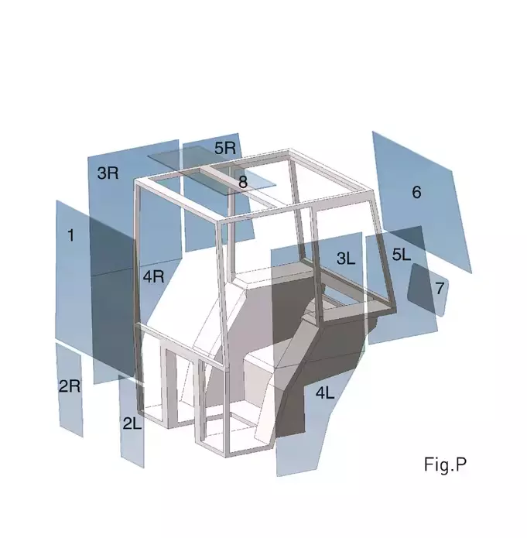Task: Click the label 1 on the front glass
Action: click(70, 235)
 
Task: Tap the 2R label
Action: click(70, 386)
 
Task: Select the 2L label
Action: click(132, 423)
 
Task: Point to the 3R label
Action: click(108, 173)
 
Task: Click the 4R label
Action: click(154, 276)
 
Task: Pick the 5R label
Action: click(225, 148)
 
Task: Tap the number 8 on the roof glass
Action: click(243, 182)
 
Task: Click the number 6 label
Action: click(416, 192)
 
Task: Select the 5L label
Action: click(402, 255)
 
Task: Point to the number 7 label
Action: click(440, 288)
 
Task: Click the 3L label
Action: click(346, 259)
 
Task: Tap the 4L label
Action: click(325, 392)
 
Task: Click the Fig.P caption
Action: click(445, 465)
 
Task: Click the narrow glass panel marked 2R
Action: click(70, 389)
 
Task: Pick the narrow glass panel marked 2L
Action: click(132, 421)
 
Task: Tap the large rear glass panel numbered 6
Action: click(422, 202)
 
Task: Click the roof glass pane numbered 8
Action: click(212, 170)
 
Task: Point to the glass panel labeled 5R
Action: click(218, 192)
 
